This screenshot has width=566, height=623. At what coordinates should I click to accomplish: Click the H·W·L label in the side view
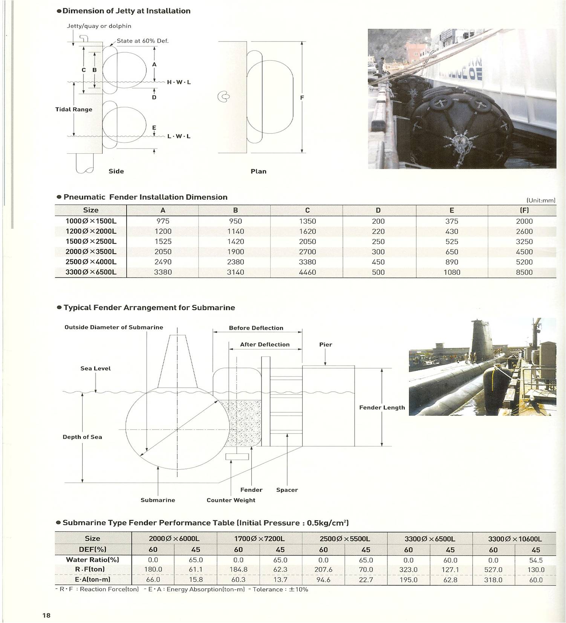(x=179, y=82)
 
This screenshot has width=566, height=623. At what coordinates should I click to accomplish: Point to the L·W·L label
(x=179, y=136)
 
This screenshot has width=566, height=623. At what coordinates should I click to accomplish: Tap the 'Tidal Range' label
(x=74, y=109)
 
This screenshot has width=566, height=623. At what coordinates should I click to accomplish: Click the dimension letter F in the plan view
(x=302, y=98)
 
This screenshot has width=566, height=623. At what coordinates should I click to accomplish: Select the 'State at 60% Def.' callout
(x=142, y=41)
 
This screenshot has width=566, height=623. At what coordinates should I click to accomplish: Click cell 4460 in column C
(x=307, y=272)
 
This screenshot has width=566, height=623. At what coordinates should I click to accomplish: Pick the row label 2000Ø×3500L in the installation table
(x=91, y=252)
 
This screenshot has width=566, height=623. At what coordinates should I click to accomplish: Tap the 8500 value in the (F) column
(x=524, y=272)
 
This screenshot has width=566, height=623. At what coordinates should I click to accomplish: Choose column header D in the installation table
(x=378, y=210)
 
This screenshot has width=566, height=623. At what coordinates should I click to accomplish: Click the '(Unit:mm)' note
(x=541, y=200)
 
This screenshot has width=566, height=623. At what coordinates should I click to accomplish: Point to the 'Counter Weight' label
(x=231, y=500)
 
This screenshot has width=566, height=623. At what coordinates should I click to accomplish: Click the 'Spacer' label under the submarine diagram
(x=287, y=490)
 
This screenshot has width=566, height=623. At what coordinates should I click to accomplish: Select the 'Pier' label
(x=326, y=344)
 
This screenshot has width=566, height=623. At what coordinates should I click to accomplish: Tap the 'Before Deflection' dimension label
(x=256, y=328)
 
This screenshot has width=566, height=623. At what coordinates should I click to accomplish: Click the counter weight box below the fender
(x=237, y=457)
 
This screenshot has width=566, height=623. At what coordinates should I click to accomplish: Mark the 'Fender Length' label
(x=382, y=407)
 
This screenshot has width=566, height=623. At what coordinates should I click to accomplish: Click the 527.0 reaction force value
(x=493, y=569)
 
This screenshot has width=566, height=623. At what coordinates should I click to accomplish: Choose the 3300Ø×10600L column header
(x=514, y=539)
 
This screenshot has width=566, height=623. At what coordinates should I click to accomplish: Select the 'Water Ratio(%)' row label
(x=92, y=560)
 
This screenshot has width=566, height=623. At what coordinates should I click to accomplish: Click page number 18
(x=46, y=615)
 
